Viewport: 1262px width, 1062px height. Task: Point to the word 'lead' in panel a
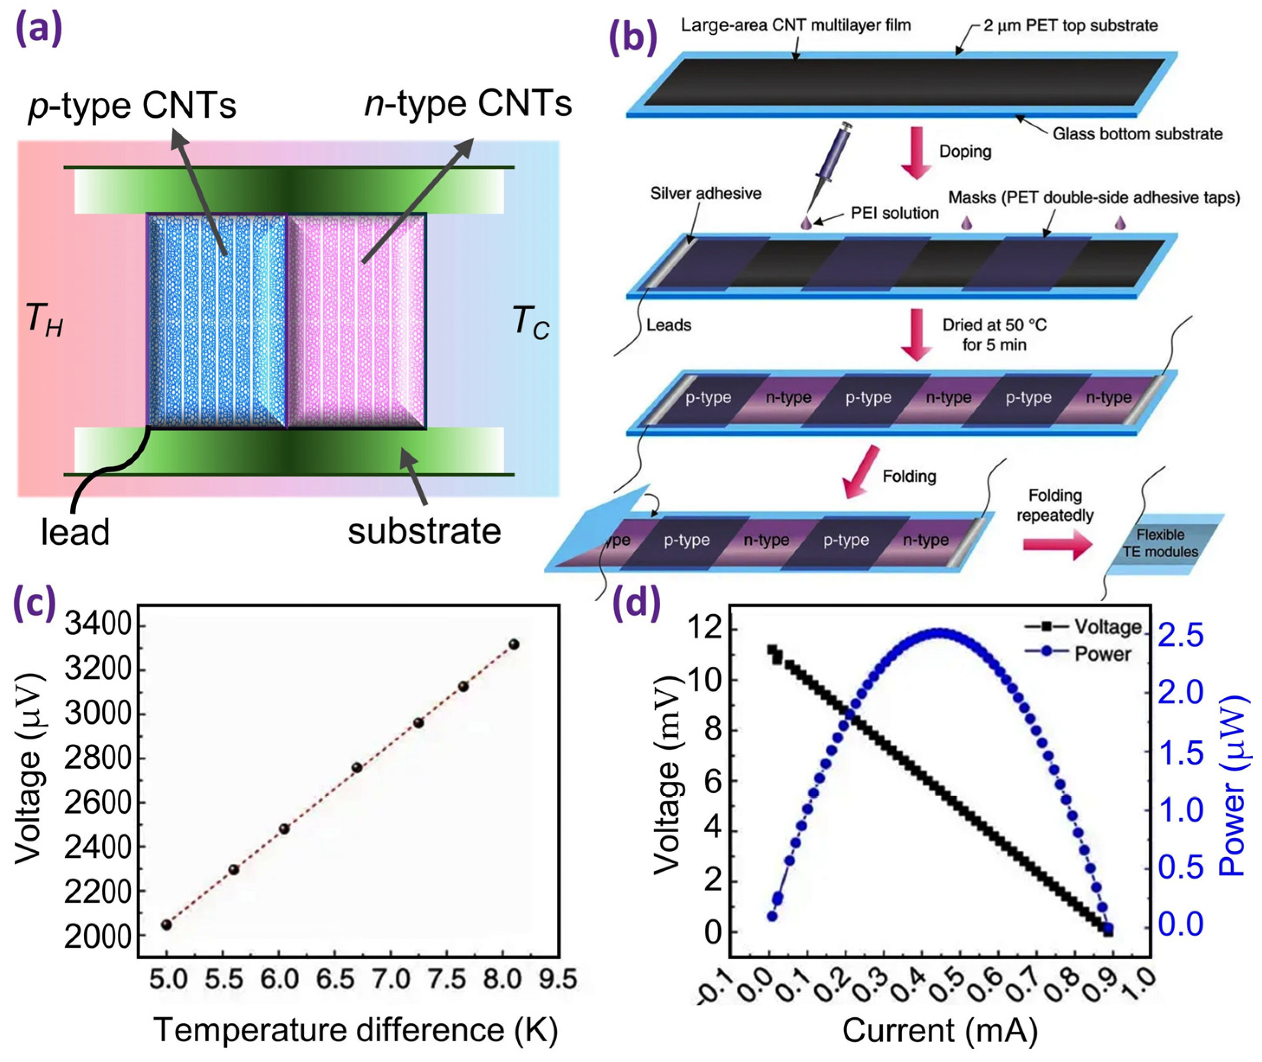tap(75, 532)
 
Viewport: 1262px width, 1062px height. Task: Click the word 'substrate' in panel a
tap(424, 531)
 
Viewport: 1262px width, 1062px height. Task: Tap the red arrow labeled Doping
tap(917, 154)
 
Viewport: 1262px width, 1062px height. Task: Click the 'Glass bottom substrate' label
tap(1137, 134)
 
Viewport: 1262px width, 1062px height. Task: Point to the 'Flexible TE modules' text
tap(1160, 543)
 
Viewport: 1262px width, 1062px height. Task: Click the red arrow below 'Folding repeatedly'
tap(1057, 546)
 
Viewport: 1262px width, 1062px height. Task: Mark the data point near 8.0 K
tap(513, 644)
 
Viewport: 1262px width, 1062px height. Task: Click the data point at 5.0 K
tap(167, 924)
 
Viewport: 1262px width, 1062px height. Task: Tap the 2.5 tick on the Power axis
tap(1180, 636)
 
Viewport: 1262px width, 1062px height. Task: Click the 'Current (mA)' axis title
tap(939, 1030)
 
